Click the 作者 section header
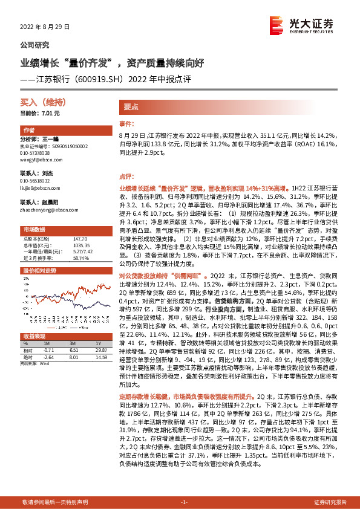click(29, 131)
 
